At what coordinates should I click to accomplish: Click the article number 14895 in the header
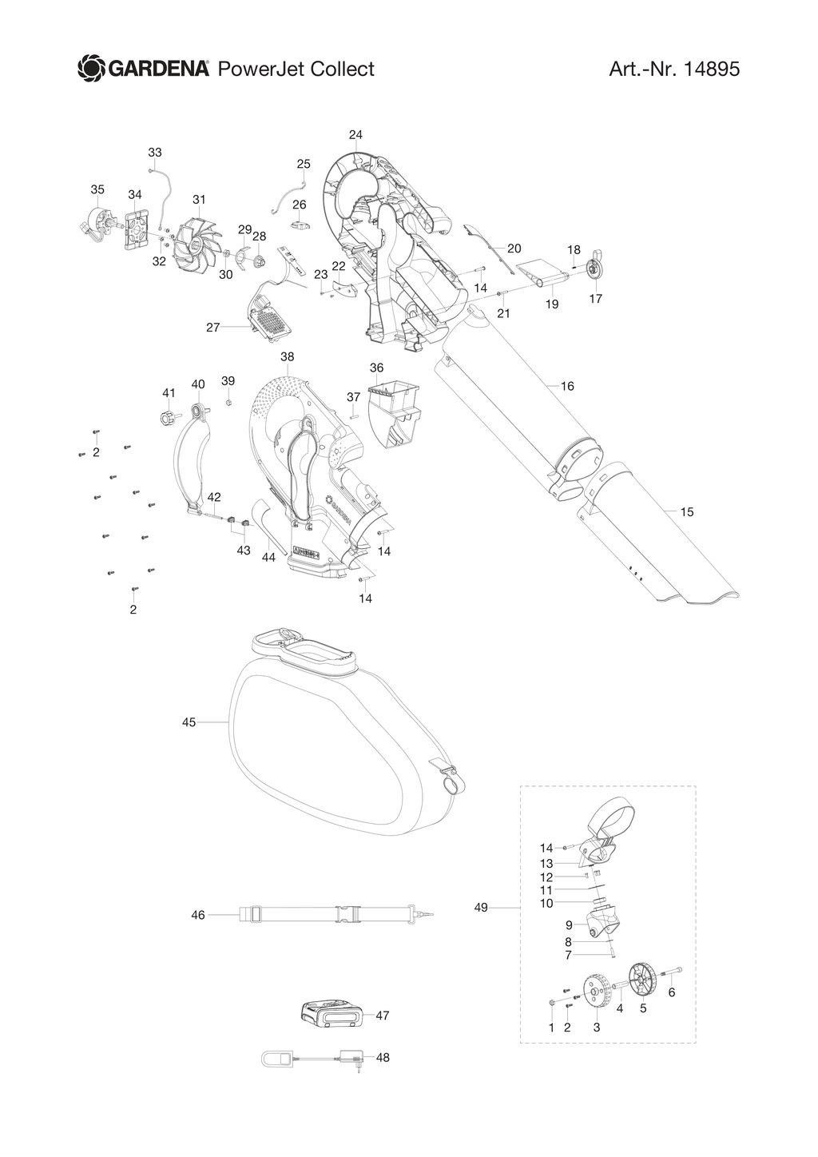tap(711, 69)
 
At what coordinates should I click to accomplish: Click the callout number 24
tap(355, 135)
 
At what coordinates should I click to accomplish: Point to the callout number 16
tap(567, 386)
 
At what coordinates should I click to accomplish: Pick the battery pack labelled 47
tap(328, 1016)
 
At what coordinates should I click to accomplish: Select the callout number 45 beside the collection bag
tap(189, 722)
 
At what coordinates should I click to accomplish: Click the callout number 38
tap(287, 356)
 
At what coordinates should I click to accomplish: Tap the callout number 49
tap(481, 908)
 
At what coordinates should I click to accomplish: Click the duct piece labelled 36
tap(394, 415)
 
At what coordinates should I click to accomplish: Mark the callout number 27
tap(212, 328)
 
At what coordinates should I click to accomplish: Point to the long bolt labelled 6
tap(670, 972)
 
